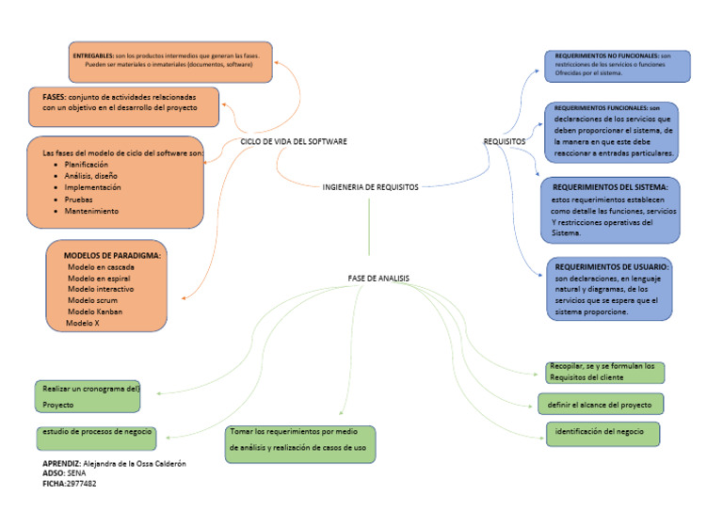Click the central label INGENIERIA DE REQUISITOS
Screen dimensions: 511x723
(x=370, y=187)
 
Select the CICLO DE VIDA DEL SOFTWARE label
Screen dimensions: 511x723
(x=294, y=141)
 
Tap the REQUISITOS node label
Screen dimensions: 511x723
(x=505, y=141)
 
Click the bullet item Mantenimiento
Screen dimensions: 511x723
(x=91, y=212)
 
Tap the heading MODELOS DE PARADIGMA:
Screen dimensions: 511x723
(x=112, y=255)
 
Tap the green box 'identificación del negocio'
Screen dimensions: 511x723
(x=602, y=433)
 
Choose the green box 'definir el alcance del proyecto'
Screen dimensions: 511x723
(x=601, y=404)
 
